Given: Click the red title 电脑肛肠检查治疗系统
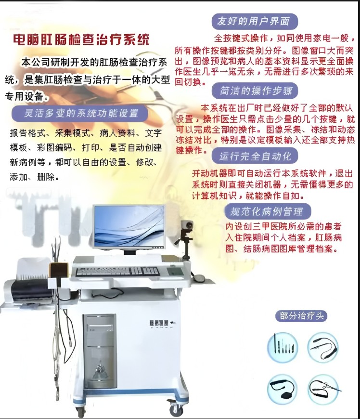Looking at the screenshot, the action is pyautogui.click(x=81, y=39).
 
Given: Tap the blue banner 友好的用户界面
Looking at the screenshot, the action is pyautogui.click(x=254, y=21).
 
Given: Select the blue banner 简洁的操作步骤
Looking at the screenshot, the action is pyautogui.click(x=255, y=91).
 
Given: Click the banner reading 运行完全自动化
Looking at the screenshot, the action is pyautogui.click(x=255, y=156).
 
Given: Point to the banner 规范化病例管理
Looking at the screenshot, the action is pyautogui.click(x=268, y=211).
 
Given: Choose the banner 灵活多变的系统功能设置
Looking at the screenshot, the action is pyautogui.click(x=80, y=113).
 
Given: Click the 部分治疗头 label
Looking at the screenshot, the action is pyautogui.click(x=301, y=316).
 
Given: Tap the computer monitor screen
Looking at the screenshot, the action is pyautogui.click(x=129, y=226).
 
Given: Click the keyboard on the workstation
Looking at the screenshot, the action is pyautogui.click(x=117, y=271).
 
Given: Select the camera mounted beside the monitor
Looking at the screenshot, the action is pyautogui.click(x=187, y=225).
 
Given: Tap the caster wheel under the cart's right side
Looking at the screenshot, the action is pyautogui.click(x=174, y=408).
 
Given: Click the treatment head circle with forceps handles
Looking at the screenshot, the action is pyautogui.click(x=323, y=389).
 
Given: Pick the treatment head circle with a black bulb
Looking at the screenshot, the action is pyautogui.click(x=283, y=389).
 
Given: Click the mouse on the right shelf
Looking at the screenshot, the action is pyautogui.click(x=199, y=277).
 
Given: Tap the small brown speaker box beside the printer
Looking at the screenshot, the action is pyautogui.click(x=59, y=270).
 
